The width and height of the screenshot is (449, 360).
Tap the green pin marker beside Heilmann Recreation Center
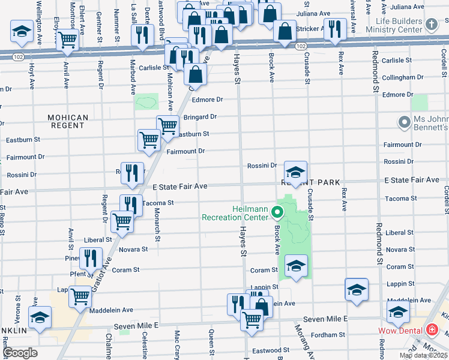pyautogui.click(x=277, y=212)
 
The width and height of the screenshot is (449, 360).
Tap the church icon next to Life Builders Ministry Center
pyautogui.click(x=430, y=25)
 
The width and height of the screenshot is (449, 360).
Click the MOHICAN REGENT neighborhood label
pyautogui.click(x=68, y=122)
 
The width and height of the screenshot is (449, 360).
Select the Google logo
pyautogui.click(x=20, y=353)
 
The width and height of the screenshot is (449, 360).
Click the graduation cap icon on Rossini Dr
pyautogui.click(x=295, y=172)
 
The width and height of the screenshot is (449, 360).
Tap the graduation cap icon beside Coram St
pyautogui.click(x=296, y=265)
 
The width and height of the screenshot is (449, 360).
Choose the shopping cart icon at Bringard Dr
pyautogui.click(x=167, y=126)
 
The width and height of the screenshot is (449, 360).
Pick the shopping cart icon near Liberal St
pyautogui.click(x=122, y=221)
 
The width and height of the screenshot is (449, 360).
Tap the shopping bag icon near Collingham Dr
pyautogui.click(x=196, y=74)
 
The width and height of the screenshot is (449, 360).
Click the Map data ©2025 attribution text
pyautogui.click(x=423, y=355)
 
